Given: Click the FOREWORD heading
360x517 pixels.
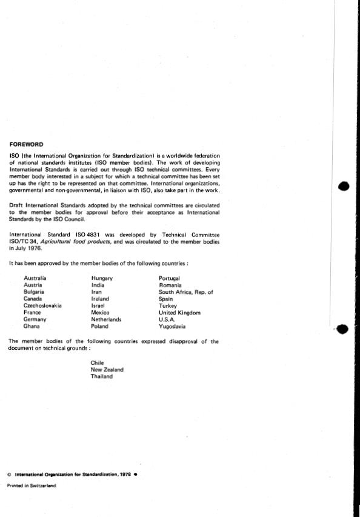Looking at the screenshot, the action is tap(26, 144).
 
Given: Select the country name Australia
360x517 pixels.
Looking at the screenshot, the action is tap(35, 278).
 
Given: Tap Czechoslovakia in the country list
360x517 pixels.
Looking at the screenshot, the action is tap(42, 305).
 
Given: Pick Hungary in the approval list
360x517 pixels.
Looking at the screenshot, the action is tap(102, 278).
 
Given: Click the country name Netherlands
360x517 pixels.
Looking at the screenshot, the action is tap(106, 319).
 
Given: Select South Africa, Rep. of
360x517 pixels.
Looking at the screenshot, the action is tap(185, 292).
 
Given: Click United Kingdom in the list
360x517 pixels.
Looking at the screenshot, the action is tap(179, 313).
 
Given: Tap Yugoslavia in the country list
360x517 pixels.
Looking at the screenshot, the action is tap(172, 327).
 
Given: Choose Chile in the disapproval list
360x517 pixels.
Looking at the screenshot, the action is tap(97, 362).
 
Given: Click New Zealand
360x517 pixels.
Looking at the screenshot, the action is tap(107, 369).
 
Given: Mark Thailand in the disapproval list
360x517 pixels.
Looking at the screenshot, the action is tap(101, 376).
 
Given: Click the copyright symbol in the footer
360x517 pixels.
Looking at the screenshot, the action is tap(9, 475).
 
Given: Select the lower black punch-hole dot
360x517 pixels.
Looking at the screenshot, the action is tap(342, 329).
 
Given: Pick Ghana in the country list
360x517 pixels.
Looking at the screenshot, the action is tap(32, 327).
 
